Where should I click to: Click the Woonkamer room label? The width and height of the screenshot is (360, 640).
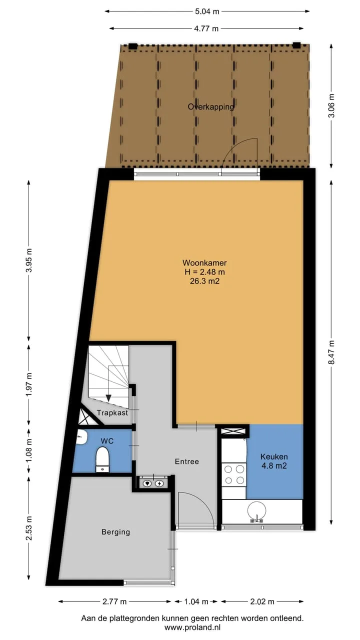[204, 262]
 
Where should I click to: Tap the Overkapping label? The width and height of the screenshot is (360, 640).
[211, 107]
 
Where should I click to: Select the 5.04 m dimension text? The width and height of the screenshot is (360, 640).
[207, 11]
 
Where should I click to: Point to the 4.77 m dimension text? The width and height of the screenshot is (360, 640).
[206, 28]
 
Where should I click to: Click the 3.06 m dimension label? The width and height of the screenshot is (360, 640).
[331, 105]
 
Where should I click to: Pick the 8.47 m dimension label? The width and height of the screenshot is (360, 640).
[331, 352]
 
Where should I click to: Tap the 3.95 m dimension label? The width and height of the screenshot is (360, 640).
[28, 260]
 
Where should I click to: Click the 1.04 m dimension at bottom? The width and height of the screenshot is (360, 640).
[196, 601]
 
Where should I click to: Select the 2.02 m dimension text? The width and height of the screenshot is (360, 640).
[262, 601]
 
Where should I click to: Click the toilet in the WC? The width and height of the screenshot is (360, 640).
[102, 459]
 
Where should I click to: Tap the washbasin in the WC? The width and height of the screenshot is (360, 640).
[81, 437]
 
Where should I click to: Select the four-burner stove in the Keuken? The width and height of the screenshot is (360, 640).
[234, 474]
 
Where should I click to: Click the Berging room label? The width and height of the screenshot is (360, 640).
[115, 532]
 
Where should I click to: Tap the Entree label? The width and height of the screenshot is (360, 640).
[187, 461]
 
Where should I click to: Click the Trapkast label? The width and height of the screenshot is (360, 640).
[112, 412]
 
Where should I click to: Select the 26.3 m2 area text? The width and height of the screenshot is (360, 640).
[204, 281]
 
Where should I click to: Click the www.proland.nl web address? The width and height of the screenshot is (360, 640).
[192, 627]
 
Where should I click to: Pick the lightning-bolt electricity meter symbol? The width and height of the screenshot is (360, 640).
[159, 483]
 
